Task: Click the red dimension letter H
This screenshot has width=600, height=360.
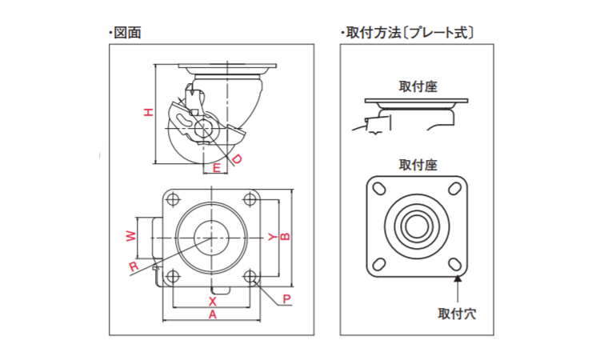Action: point(147,113)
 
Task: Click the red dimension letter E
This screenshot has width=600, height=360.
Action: point(216,168)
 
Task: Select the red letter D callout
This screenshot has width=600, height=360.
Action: point(236,159)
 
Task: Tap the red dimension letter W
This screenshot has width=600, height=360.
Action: point(130,237)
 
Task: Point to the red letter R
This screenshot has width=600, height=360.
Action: point(134,266)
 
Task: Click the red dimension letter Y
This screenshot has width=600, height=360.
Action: point(271,237)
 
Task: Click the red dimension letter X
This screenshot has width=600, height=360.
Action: point(212,302)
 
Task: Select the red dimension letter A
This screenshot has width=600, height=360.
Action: point(212,315)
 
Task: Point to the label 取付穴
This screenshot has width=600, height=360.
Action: point(457,312)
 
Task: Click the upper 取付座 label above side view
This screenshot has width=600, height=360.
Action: point(418,86)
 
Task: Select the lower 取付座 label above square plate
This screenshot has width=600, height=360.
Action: point(418,165)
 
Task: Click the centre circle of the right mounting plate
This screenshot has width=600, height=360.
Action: point(416,225)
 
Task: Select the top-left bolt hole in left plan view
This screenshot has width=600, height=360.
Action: point(171,198)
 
